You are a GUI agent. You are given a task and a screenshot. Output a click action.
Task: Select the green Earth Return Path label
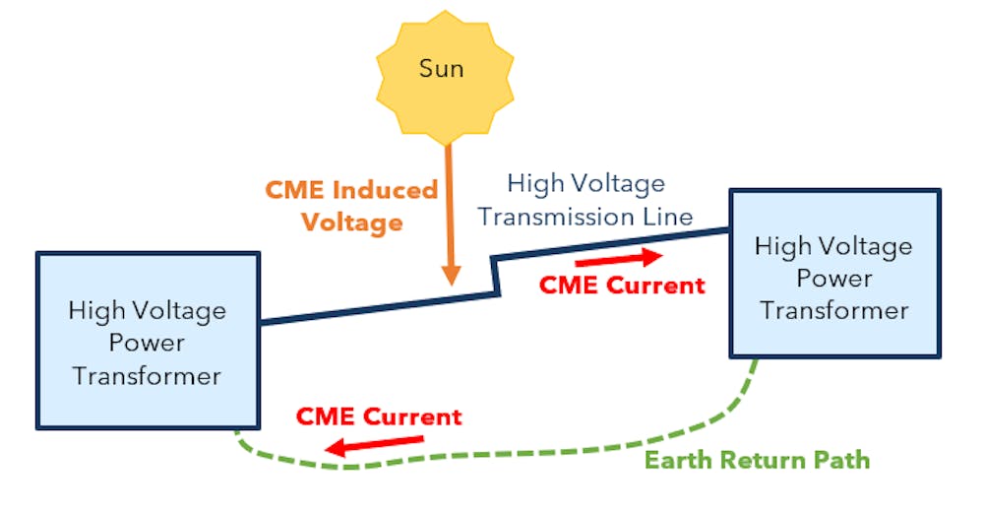(757, 460)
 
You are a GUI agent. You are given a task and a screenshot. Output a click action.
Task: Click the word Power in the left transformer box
(147, 344)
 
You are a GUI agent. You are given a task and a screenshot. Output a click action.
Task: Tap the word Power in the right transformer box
(834, 279)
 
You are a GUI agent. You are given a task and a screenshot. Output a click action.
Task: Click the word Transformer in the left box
(147, 376)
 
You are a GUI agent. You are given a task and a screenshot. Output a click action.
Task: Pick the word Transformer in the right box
(834, 311)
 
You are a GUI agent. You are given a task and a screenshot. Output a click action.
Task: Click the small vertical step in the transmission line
(497, 277)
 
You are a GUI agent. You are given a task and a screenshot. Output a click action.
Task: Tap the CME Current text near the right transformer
(622, 286)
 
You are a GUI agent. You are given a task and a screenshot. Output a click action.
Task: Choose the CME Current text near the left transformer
(379, 416)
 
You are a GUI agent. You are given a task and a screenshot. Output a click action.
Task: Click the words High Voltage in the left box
(147, 311)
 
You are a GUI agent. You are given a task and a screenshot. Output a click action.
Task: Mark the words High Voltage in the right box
(834, 246)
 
